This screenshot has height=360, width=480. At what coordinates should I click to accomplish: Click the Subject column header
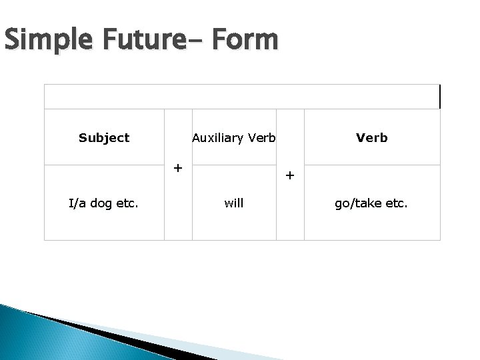[104, 138]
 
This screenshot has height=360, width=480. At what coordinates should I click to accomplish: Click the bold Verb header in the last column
[372, 138]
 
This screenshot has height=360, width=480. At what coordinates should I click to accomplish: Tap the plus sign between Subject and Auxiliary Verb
[178, 167]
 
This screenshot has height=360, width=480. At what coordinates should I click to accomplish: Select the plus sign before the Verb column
[289, 176]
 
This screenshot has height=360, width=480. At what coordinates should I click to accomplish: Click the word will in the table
[234, 203]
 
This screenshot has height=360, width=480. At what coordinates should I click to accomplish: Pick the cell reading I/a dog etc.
[104, 203]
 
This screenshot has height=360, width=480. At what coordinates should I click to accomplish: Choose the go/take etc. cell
[372, 203]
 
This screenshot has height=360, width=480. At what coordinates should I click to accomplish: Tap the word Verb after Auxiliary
[263, 138]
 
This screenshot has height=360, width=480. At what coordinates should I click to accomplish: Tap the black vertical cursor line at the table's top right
[440, 97]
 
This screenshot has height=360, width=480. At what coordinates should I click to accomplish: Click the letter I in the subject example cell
[71, 203]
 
